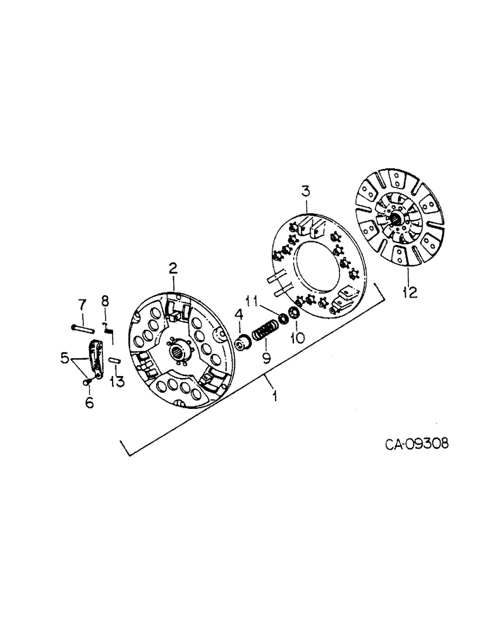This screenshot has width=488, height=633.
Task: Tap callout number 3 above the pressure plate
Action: [306, 191]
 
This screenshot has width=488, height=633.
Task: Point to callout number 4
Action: [239, 315]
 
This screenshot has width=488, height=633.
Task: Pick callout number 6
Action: [89, 402]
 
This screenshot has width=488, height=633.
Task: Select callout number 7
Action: [81, 306]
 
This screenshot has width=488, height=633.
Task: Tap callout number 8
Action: [106, 301]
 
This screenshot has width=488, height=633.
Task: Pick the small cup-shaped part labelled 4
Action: [243, 343]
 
